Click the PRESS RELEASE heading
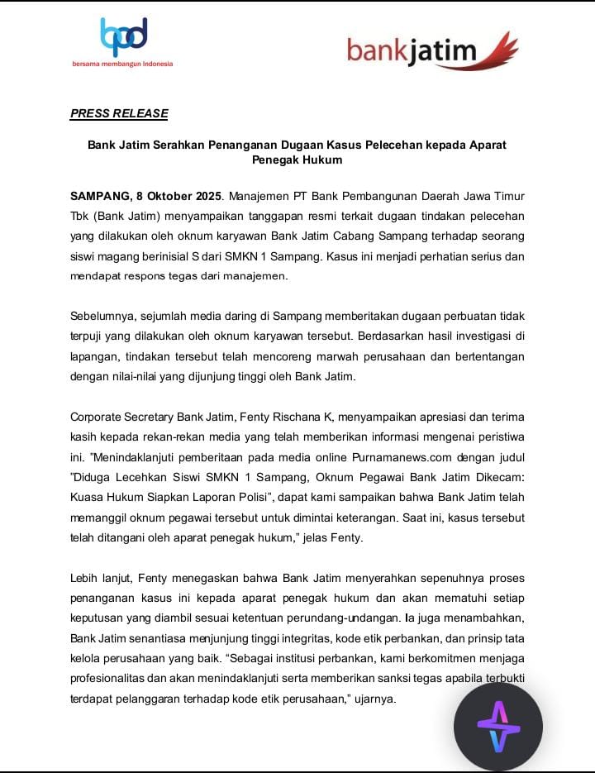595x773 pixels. tap(119, 113)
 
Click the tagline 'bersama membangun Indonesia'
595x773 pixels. tap(122, 64)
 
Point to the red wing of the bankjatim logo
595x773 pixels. tap(499, 50)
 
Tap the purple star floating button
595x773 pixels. tap(497, 727)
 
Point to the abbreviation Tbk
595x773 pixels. tap(79, 217)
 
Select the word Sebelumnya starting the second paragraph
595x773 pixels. tap(103, 317)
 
